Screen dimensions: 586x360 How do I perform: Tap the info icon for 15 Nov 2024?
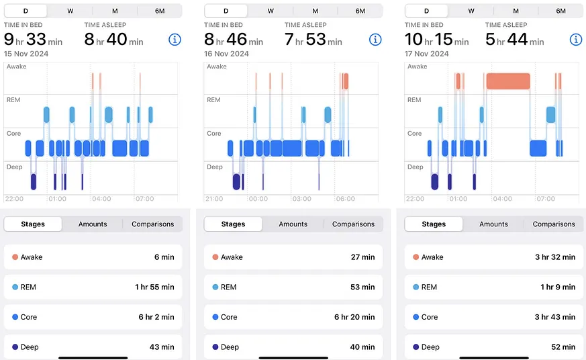[175, 39]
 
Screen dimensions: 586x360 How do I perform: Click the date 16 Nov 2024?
[226, 54]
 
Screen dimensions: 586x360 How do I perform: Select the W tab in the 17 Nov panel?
[471, 11]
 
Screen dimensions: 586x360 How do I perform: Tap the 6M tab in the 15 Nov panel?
[160, 11]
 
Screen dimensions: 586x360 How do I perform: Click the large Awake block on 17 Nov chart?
[508, 81]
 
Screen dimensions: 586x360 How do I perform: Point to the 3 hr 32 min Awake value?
[555, 257]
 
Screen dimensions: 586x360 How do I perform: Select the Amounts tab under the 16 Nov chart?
[293, 224]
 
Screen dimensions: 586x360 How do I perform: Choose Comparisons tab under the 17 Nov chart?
[554, 224]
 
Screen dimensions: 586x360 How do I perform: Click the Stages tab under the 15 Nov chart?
[33, 224]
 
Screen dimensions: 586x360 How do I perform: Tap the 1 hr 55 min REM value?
[154, 287]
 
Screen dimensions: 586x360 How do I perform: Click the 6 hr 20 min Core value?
[354, 316]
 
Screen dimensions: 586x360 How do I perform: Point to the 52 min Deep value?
[563, 347]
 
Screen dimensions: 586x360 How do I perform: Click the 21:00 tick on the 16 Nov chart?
[214, 199]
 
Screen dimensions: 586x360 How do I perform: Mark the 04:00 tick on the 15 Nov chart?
[101, 199]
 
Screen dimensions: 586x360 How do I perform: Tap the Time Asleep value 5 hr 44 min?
[515, 39]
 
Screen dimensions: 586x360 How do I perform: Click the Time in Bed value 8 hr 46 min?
[234, 39]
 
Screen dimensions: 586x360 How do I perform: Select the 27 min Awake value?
[362, 257]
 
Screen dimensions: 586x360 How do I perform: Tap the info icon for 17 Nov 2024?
[575, 39]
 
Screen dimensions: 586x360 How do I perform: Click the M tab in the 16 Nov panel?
[315, 11]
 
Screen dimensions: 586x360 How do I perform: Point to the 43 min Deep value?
[162, 347]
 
